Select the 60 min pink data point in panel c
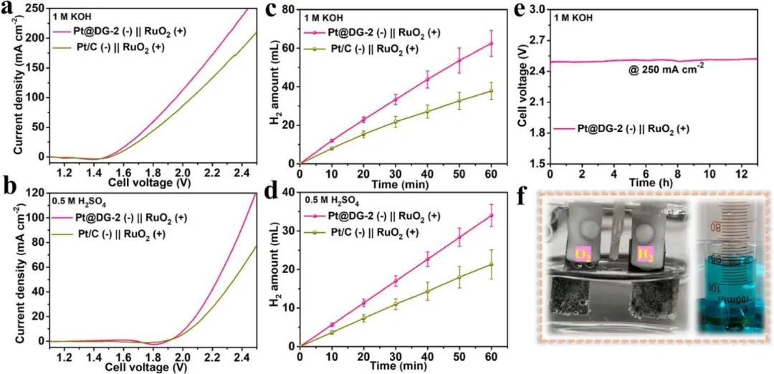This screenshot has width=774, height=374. tap(492, 44)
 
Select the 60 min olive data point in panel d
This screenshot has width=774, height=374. tap(492, 264)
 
